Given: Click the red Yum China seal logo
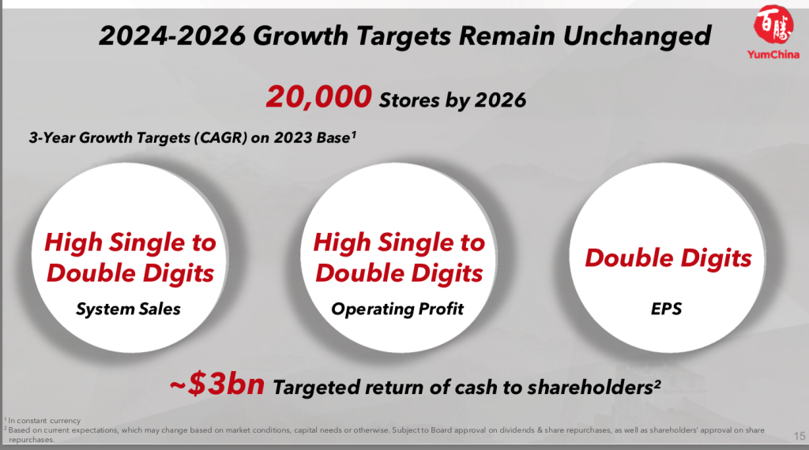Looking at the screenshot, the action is click(773, 24).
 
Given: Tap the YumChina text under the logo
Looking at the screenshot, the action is click(773, 54).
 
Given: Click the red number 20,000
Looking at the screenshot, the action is click(319, 97).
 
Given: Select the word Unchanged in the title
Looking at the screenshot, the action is click(638, 36).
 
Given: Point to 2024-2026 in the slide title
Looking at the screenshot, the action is click(172, 36).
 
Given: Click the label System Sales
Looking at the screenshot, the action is click(129, 309).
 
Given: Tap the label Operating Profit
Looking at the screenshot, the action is click(397, 309).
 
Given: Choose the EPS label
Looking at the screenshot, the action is click(666, 309).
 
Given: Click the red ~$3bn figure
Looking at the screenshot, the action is click(217, 384).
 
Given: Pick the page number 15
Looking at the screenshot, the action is click(800, 436).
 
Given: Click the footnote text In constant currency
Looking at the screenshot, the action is click(44, 421).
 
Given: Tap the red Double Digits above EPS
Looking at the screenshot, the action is click(668, 258).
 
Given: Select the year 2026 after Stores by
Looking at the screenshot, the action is click(500, 100).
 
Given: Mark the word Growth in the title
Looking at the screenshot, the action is click(301, 36).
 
